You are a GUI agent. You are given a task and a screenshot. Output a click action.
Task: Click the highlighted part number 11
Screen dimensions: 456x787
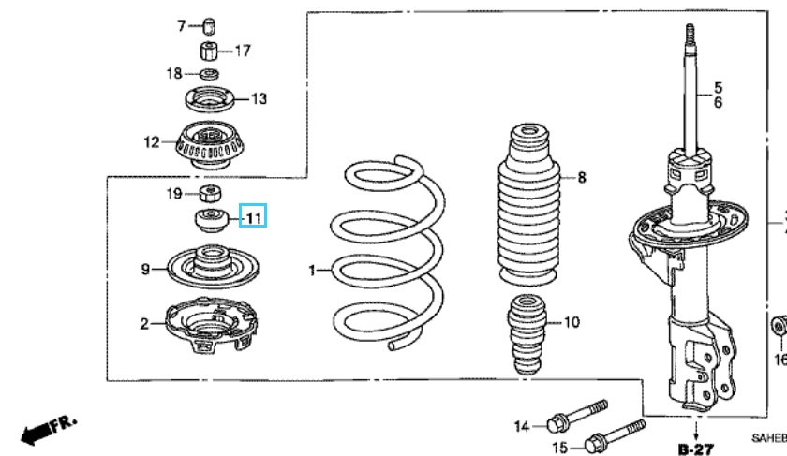tap(254, 217)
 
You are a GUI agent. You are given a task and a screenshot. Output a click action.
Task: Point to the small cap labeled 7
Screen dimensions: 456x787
tap(210, 24)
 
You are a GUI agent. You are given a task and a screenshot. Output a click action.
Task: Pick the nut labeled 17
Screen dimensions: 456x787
tap(210, 50)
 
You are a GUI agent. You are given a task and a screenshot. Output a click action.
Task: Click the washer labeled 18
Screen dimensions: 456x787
tap(210, 73)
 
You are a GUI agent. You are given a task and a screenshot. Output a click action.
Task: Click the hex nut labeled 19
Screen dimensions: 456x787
tap(210, 194)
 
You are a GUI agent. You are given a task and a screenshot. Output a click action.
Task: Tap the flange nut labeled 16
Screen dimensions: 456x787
tap(777, 328)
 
